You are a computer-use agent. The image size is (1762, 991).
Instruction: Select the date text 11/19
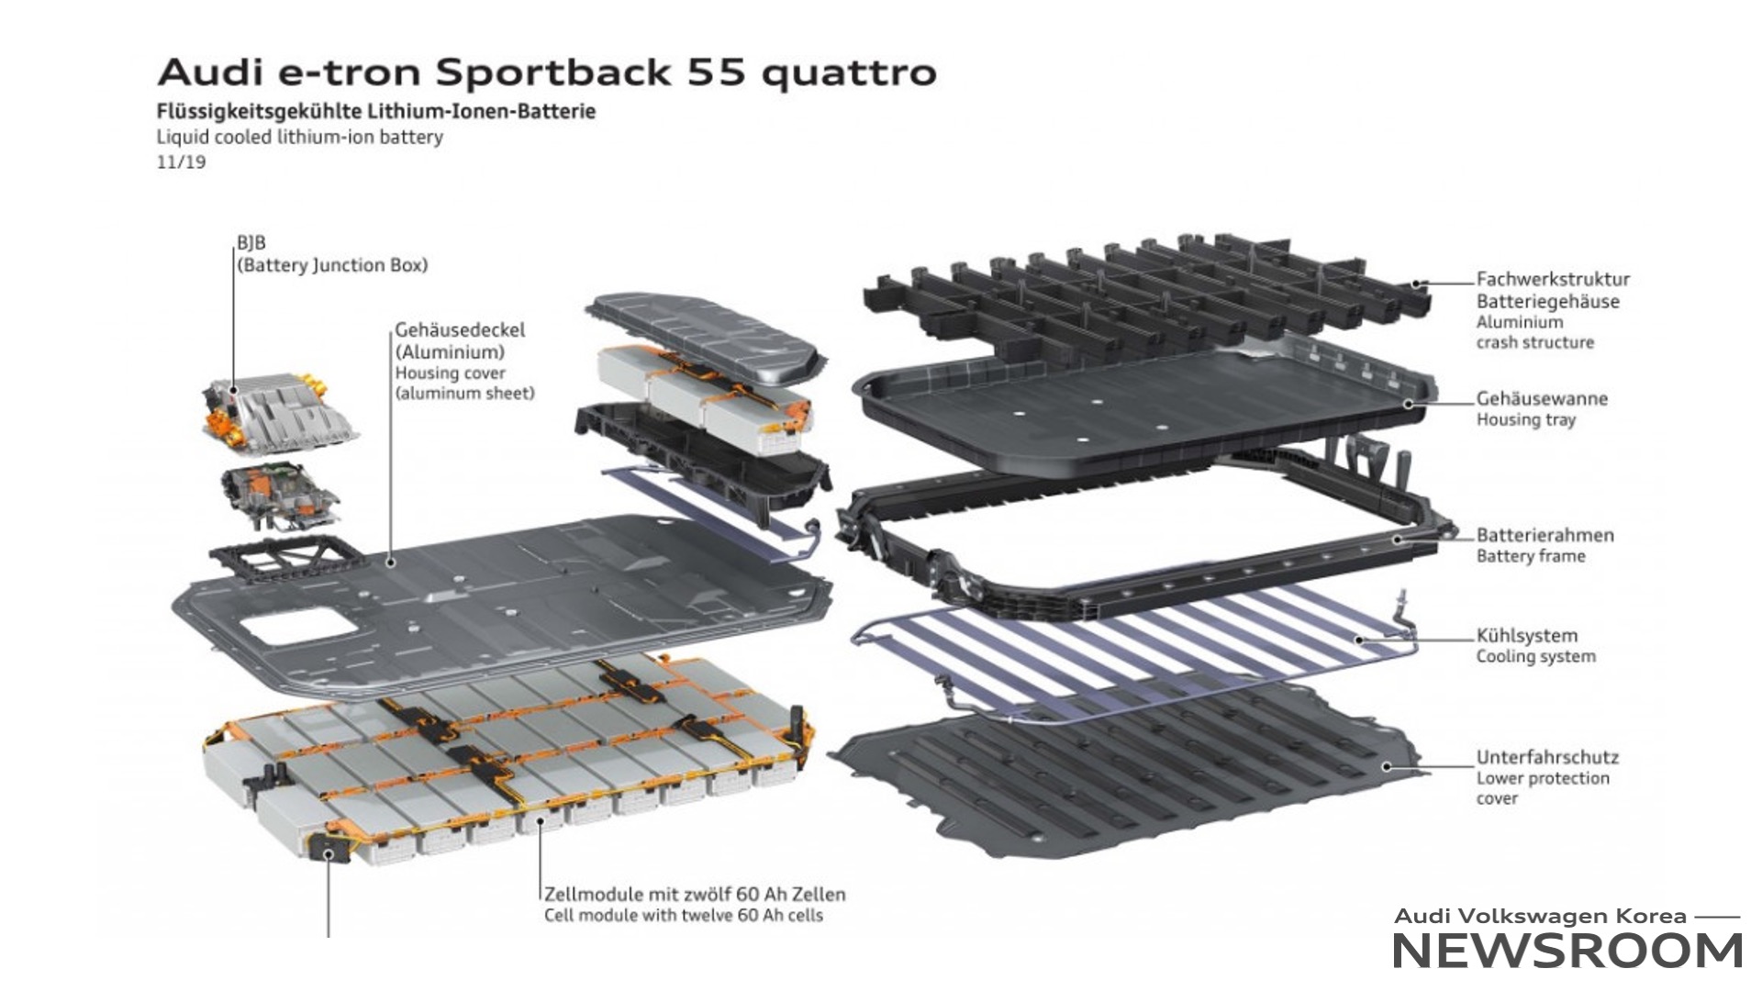181,162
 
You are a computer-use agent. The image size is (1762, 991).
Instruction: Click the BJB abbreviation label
251,243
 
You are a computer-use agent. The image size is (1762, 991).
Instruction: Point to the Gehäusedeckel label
460,329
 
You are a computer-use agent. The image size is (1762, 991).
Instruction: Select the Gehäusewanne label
1542,398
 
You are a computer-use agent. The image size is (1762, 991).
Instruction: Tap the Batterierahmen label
1545,535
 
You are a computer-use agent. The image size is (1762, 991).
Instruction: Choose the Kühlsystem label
1526,635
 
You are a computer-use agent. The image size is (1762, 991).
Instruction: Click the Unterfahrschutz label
1547,757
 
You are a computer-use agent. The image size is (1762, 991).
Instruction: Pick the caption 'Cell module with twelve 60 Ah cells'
684,915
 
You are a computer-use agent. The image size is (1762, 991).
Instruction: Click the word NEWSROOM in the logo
1567,951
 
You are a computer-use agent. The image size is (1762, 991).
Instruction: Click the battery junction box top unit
277,414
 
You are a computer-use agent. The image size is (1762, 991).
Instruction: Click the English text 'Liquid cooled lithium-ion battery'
299,138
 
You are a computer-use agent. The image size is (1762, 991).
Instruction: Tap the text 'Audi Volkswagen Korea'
1540,916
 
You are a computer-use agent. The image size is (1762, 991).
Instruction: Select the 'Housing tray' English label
1525,419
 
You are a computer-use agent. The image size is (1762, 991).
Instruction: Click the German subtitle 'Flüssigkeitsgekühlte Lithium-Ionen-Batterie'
376,111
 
